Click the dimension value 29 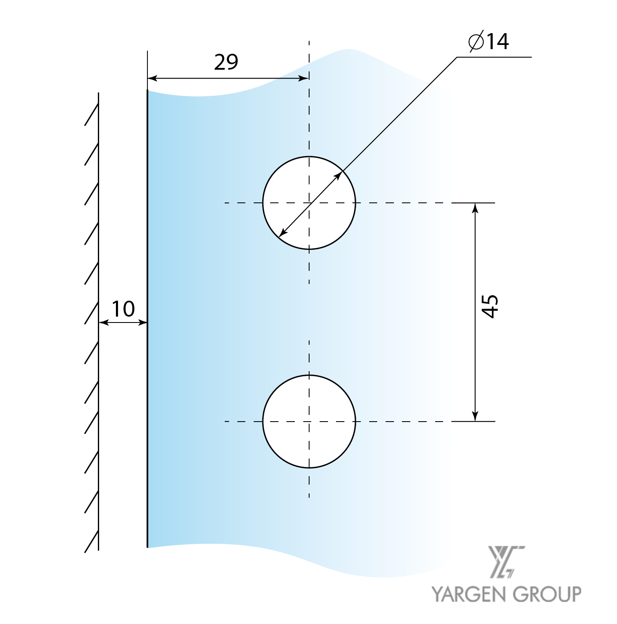[226, 62]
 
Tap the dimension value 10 [123, 309]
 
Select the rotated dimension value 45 [490, 306]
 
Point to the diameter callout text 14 [498, 41]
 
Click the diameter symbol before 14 [476, 41]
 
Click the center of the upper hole [309, 203]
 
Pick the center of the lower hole [309, 421]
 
